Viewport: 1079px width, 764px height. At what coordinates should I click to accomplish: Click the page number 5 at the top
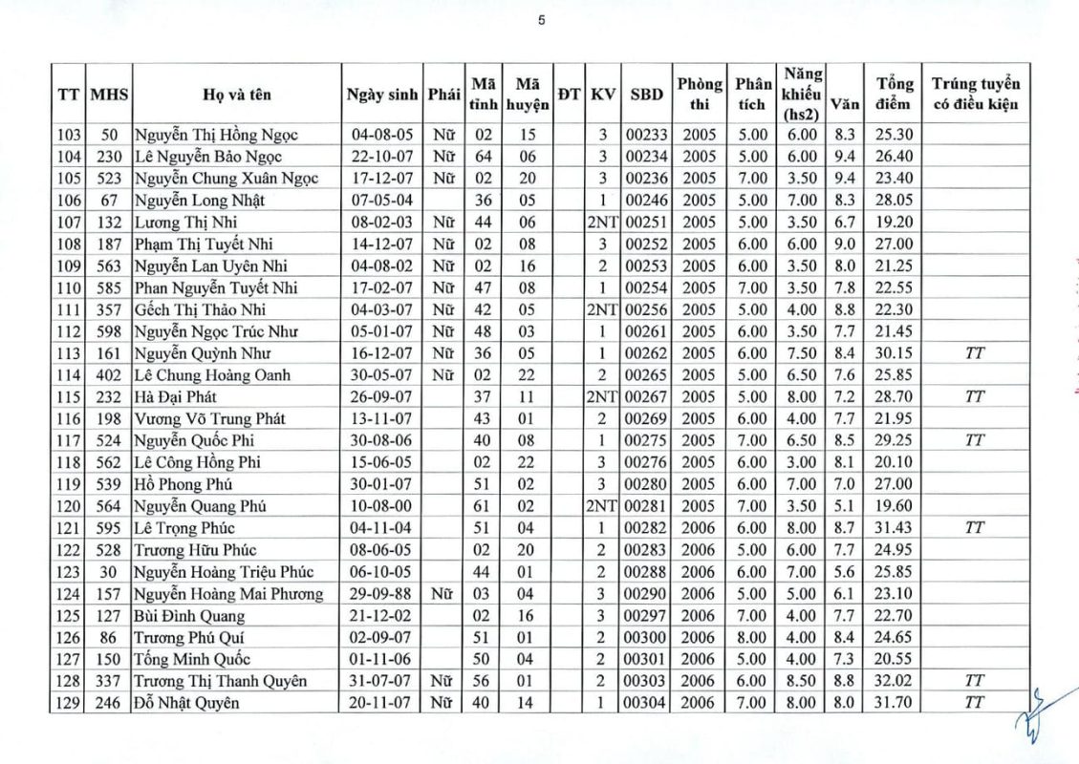pos(541,20)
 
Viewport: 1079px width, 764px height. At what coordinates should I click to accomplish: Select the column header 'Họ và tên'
pos(236,95)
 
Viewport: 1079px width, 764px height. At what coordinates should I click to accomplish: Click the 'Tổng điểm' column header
pos(895,94)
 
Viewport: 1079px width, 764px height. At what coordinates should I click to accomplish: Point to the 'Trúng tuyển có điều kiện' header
pos(976,94)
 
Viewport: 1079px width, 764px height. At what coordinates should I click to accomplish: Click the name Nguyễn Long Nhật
pos(200,201)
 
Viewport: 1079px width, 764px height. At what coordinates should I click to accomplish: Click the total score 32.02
pos(895,681)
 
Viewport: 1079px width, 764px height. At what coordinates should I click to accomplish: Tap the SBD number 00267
pos(646,396)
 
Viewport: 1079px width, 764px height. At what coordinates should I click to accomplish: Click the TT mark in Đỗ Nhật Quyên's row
pos(975,703)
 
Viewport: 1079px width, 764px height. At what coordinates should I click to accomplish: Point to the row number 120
pos(69,506)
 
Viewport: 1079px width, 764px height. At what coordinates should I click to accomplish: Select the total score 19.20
pos(895,223)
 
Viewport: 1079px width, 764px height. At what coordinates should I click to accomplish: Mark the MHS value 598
pos(108,331)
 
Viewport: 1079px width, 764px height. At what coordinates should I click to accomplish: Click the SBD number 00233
pos(646,135)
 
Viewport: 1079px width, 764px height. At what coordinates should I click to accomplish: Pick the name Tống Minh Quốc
pos(192,659)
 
